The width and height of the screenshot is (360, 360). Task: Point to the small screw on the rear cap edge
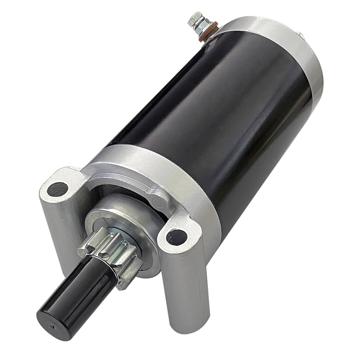pyautogui.click(x=300, y=35)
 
